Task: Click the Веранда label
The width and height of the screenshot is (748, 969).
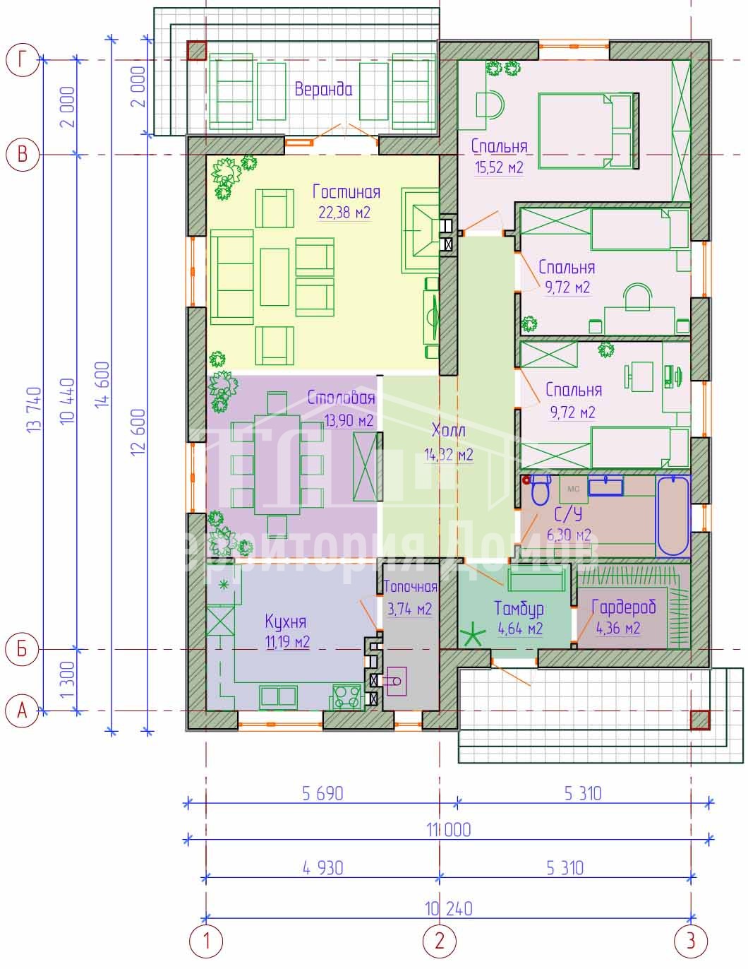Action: point(323,89)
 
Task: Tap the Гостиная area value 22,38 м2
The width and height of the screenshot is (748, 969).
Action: point(344,213)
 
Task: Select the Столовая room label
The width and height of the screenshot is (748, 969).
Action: point(342,398)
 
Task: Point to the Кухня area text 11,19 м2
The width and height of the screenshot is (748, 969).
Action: point(287,642)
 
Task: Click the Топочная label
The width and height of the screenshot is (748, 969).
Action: point(410,587)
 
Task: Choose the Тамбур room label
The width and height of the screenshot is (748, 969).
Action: point(519,609)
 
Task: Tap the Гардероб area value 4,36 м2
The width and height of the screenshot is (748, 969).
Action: point(618,629)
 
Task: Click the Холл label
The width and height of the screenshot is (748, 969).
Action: point(449,430)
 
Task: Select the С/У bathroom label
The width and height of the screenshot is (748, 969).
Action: point(568,514)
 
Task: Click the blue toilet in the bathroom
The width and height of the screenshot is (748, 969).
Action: point(541,489)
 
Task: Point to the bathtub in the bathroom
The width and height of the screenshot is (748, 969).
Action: point(672,516)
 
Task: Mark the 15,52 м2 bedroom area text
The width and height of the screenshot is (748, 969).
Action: point(499,167)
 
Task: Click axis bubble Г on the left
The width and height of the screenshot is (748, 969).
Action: point(23,59)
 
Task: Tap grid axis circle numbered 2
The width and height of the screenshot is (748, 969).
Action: point(439,941)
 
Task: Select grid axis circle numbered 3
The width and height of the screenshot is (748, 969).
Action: point(691,941)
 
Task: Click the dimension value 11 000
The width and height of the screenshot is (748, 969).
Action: point(449,830)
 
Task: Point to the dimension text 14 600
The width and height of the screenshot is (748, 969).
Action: point(102,384)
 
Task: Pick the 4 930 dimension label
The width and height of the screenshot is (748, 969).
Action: point(323,868)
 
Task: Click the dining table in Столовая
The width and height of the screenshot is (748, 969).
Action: point(277,465)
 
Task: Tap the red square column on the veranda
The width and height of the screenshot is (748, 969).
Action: point(196,50)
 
